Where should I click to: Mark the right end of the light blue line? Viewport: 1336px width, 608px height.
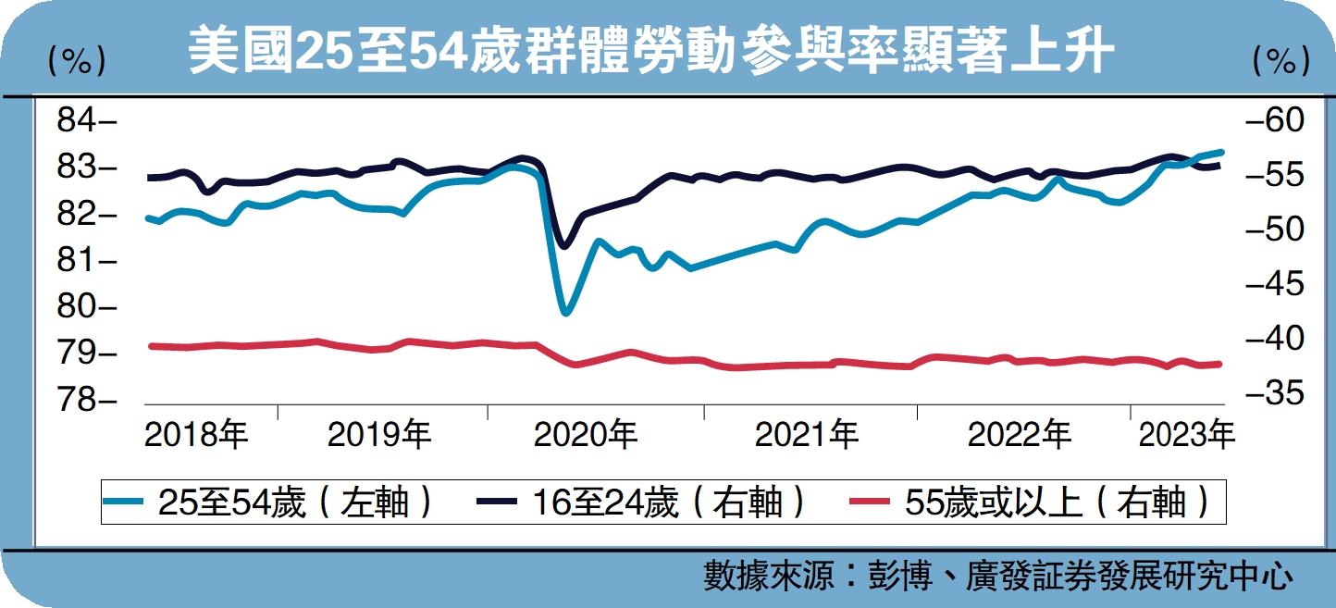coord(1222,151)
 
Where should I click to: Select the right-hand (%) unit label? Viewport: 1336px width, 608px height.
coord(1281,61)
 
